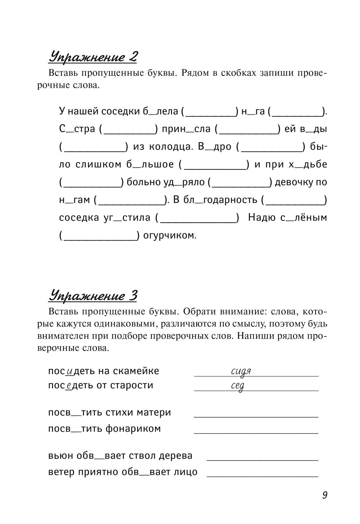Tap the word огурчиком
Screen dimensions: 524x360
tap(170, 235)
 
